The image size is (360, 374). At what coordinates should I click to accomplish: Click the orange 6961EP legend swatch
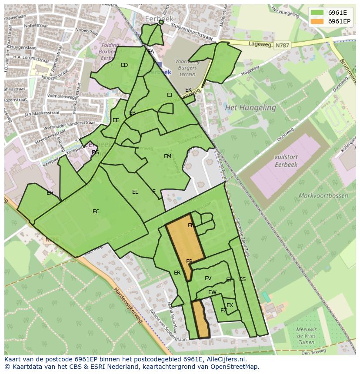pos(317,21)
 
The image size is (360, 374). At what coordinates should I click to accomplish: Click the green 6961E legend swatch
pos(317,13)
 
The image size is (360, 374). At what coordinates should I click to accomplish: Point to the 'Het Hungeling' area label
pos(250,107)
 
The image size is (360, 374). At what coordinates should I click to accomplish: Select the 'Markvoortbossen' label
pos(323,195)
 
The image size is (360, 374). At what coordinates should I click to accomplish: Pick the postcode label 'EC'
pos(96,212)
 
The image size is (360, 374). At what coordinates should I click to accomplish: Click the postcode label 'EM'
pos(167,156)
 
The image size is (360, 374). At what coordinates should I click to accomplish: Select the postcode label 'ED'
pos(124,65)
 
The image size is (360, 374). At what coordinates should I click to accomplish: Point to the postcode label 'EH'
pos(50,193)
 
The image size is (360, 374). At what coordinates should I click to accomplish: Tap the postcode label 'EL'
pos(135,192)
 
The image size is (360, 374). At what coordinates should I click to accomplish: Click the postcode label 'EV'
pos(208,278)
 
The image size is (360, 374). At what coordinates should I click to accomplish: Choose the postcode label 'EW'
pos(212,292)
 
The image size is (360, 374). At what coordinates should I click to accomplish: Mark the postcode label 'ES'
pos(242,279)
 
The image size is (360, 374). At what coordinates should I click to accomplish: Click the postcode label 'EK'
pos(188,90)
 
